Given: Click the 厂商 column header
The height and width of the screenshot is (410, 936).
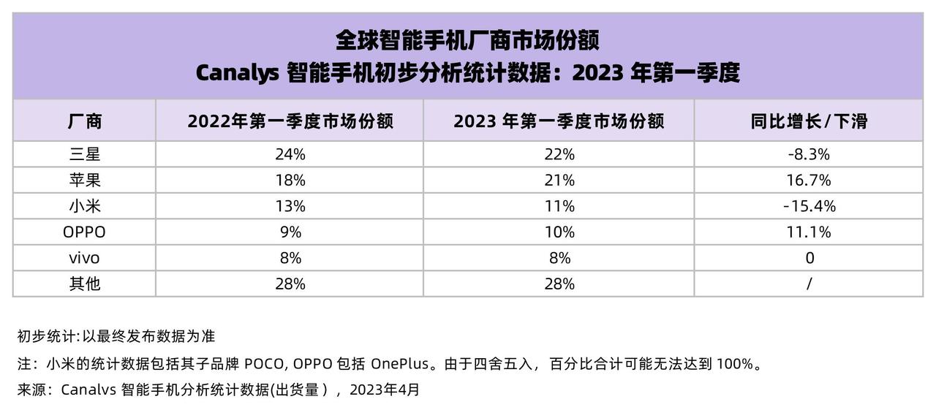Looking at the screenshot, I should click(84, 121).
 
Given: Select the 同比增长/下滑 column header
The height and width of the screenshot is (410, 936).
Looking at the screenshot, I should click(808, 121).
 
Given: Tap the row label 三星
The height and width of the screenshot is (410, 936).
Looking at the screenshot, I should click(84, 154).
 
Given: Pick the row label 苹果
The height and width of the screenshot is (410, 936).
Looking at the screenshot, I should click(84, 180).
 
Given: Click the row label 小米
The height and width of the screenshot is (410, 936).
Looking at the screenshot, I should click(84, 206).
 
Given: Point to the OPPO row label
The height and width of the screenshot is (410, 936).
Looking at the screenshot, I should click(84, 232).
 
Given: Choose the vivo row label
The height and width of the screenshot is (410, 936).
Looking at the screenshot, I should click(84, 258).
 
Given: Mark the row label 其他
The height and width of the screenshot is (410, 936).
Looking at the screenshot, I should click(84, 284).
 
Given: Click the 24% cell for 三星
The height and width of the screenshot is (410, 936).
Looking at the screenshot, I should click(290, 154).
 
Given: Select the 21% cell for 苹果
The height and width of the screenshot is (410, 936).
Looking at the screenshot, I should click(559, 180).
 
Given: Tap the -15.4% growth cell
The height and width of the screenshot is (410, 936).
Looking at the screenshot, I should click(808, 206).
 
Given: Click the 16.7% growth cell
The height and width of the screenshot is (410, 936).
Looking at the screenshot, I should click(808, 180).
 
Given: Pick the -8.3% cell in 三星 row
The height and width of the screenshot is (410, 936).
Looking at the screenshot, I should click(808, 154).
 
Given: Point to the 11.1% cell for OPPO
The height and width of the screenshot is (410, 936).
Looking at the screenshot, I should click(808, 232).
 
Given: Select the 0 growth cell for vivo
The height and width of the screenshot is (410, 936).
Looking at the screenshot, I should click(809, 258).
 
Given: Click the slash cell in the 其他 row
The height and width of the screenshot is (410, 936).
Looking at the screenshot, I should click(809, 284).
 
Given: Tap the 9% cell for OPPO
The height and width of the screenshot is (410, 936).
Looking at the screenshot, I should click(290, 232).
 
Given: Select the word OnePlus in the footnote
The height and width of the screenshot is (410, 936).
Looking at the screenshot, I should click(399, 363).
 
